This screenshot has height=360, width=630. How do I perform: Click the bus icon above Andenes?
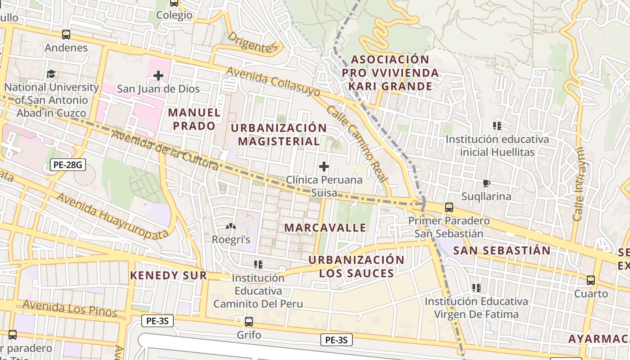click(66, 35)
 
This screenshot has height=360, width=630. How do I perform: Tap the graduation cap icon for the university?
click(51, 74)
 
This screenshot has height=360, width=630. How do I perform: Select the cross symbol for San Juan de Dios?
click(158, 76)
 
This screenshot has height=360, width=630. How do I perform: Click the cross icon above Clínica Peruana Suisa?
click(324, 167)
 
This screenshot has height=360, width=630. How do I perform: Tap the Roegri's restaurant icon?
click(230, 227)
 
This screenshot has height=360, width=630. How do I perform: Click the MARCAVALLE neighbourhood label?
click(325, 228)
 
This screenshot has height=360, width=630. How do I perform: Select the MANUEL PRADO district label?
click(194, 119)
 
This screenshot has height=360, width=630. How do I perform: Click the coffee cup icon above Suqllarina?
click(486, 183)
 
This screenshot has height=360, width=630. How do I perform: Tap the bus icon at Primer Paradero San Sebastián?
click(449, 207)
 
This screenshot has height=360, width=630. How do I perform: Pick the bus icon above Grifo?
click(248, 322)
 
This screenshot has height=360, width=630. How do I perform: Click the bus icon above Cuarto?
click(590, 280)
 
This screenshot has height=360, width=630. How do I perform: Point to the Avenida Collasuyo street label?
click(273, 81)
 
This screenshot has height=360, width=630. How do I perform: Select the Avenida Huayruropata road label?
click(112, 215)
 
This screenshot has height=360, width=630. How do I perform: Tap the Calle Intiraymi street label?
click(579, 184)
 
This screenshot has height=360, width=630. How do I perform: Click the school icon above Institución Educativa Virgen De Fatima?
click(476, 288)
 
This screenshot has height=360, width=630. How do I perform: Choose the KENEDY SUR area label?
click(168, 275)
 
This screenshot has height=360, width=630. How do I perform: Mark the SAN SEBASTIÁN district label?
click(501, 251)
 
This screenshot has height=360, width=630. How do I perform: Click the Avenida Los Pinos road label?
click(69, 308)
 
